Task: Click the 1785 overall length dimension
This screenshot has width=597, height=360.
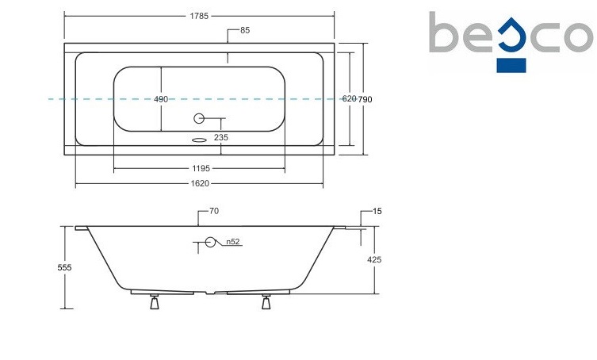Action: click(199, 16)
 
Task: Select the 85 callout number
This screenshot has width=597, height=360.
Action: click(245, 30)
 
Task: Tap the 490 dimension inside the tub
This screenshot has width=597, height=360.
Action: click(161, 99)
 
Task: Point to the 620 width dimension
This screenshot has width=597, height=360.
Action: click(349, 98)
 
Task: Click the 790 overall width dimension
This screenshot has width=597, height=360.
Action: click(365, 99)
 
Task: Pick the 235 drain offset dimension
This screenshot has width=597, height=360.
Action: click(221, 137)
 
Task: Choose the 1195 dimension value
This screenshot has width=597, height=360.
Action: click(201, 168)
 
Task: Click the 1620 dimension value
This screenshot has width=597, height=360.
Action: click(200, 184)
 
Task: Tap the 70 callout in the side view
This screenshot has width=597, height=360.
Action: click(214, 211)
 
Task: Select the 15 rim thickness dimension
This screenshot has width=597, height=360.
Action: click(377, 211)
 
